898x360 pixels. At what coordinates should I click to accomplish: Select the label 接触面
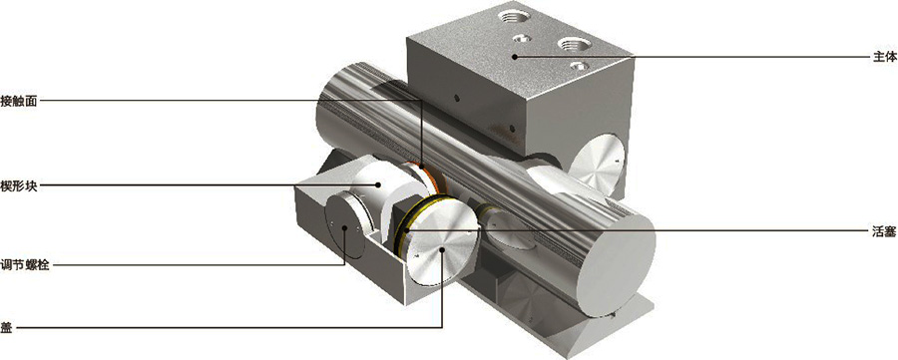[x=18, y=101]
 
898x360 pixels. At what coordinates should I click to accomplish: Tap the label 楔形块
[x=18, y=185]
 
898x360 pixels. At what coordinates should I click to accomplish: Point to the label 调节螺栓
[x=24, y=265]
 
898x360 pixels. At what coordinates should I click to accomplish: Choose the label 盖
[x=7, y=328]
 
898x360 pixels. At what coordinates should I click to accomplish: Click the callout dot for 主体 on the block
[x=514, y=56]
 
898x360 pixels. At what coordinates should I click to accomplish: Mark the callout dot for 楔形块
[x=378, y=184]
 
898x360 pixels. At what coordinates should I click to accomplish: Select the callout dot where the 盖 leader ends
[x=443, y=249]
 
